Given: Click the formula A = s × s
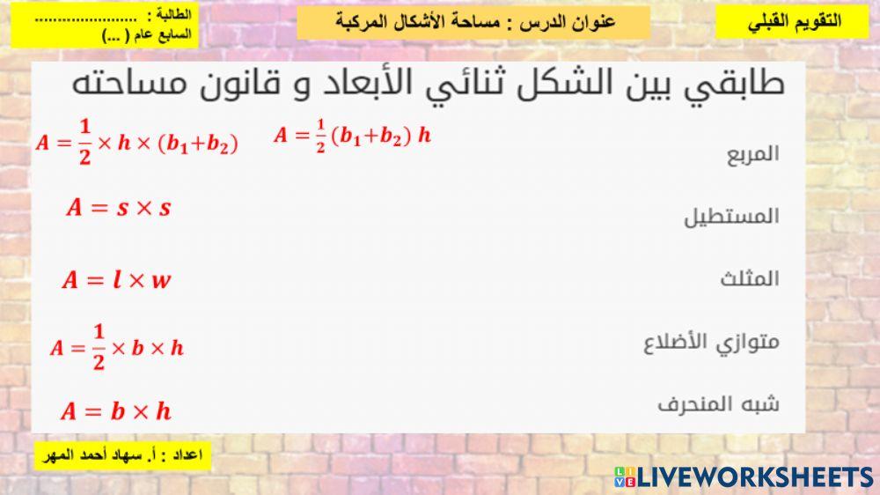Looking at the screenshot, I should tap(118, 208).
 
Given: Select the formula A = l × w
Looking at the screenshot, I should tap(116, 281).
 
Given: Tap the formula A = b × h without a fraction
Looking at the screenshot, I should tap(115, 410).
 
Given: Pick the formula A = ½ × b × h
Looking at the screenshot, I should tap(116, 347).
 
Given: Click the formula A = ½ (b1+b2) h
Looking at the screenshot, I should tap(352, 137).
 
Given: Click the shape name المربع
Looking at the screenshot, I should tap(753, 153).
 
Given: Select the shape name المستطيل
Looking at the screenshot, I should tap(732, 216).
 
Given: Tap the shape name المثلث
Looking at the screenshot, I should tap(750, 279).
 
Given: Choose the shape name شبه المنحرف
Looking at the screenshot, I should tap(718, 405).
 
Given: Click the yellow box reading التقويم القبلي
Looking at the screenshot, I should tap(793, 22).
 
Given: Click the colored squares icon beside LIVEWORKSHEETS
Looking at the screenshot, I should tap(625, 477).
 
